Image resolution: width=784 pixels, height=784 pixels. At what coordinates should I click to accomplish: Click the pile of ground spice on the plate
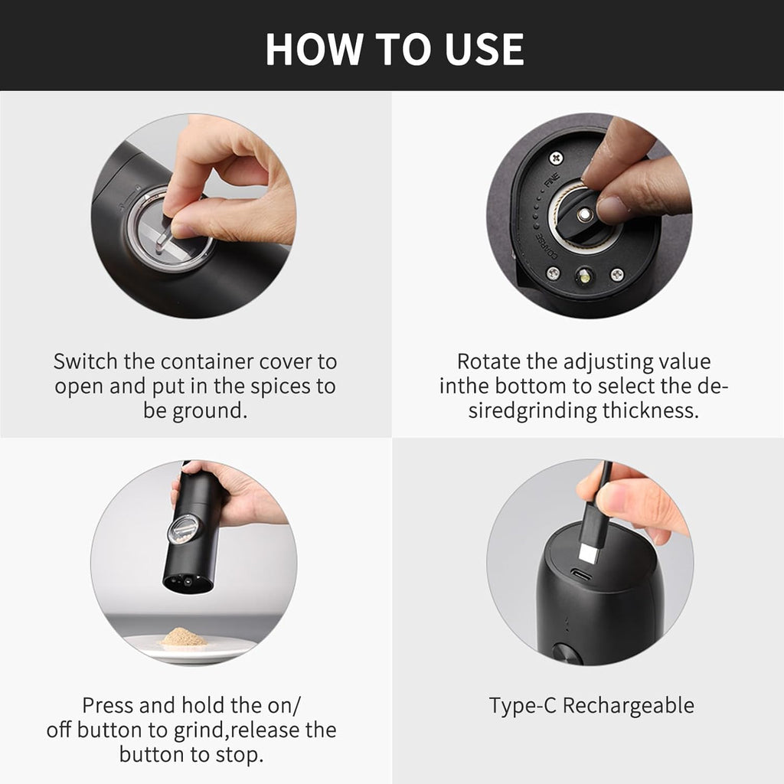[x=184, y=637]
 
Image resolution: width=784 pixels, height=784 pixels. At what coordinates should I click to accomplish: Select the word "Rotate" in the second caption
[x=491, y=361]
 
